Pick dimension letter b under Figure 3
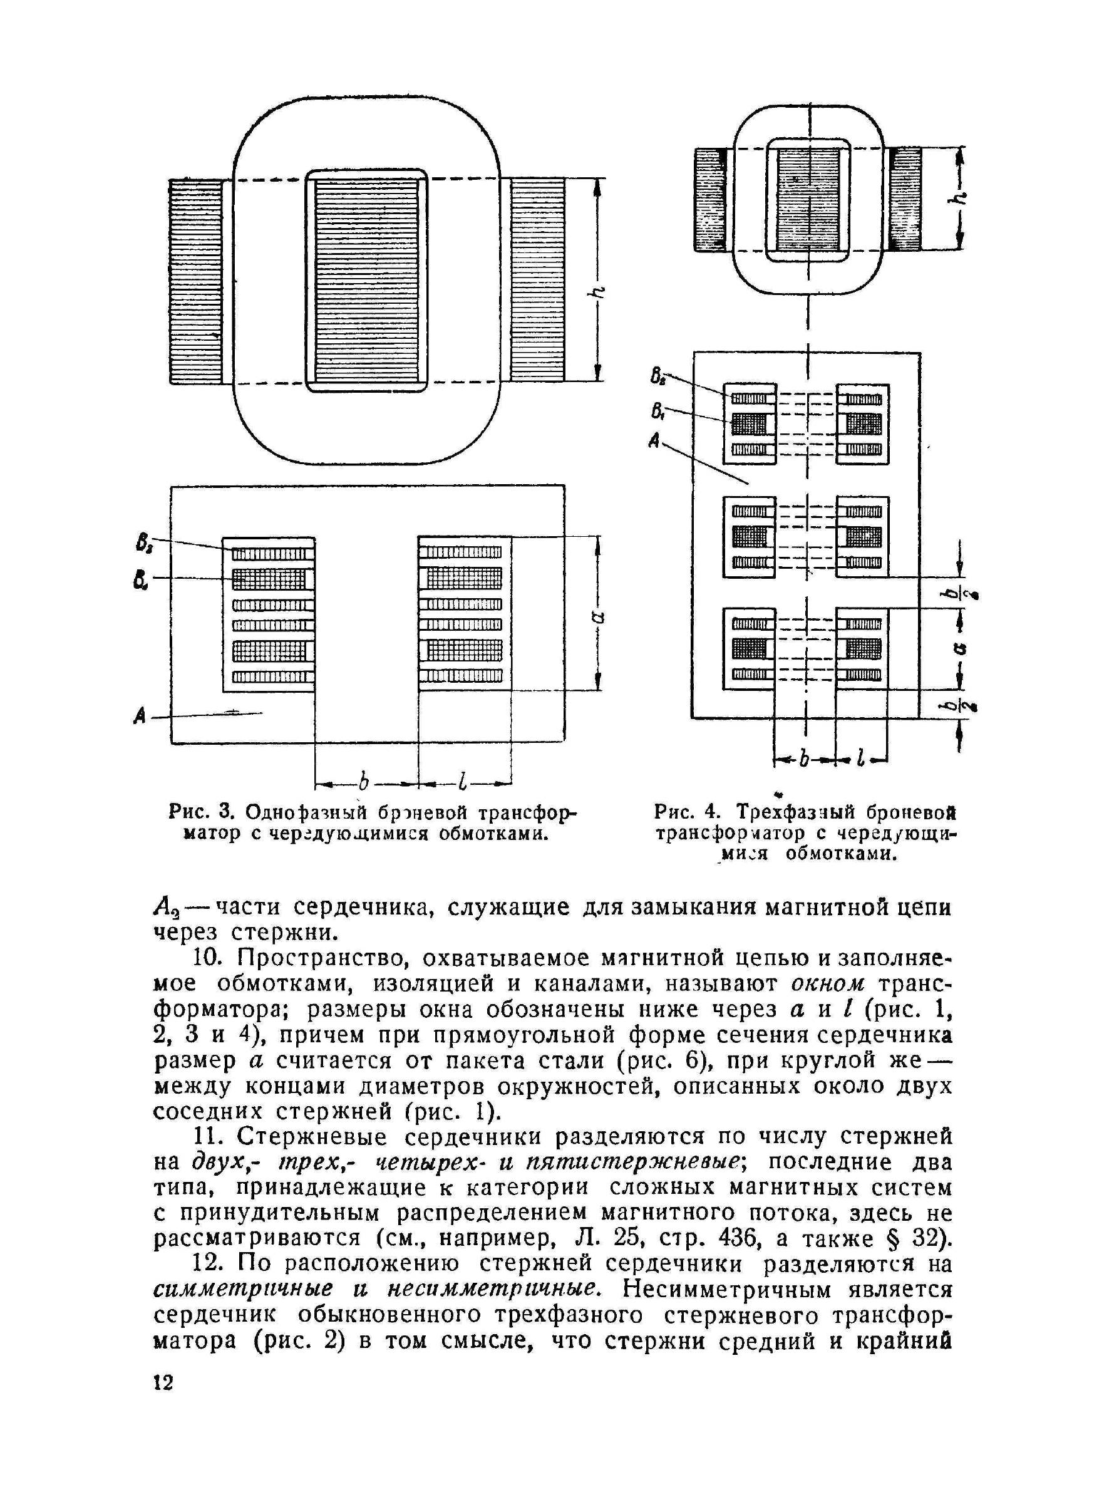pyautogui.click(x=364, y=782)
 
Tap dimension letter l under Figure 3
pyautogui.click(x=463, y=782)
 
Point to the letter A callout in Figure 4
pyautogui.click(x=653, y=442)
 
